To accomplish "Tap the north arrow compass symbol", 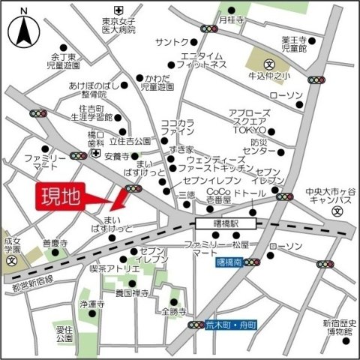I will point(22,30).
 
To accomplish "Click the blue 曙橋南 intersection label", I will point(226,262).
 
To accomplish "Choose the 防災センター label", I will point(265,146).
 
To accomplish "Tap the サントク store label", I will point(173,41).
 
